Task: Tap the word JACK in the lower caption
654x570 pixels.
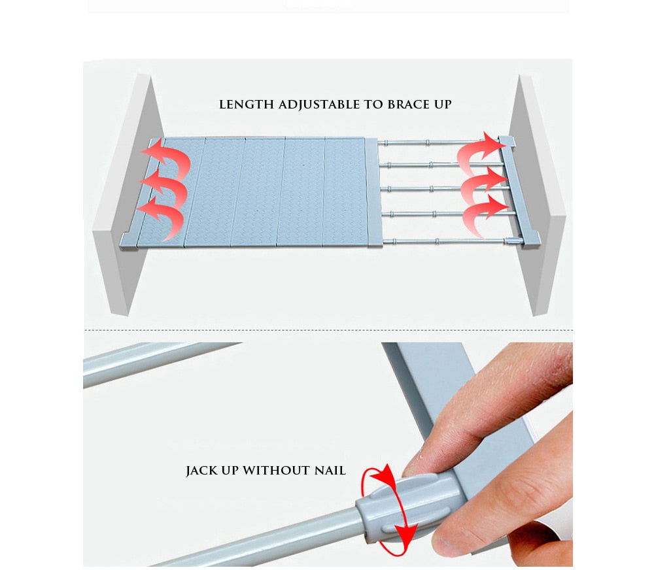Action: pos(201,471)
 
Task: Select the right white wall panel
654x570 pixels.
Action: pos(538,196)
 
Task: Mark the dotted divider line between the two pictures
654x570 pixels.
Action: pos(327,330)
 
